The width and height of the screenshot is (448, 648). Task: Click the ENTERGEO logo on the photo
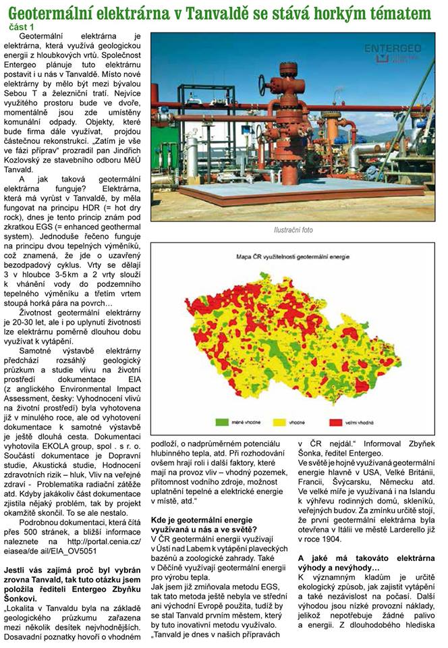coord(393,49)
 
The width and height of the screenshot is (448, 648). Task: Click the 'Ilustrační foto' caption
coord(293,230)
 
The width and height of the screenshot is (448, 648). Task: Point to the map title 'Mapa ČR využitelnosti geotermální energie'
coord(292,257)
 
